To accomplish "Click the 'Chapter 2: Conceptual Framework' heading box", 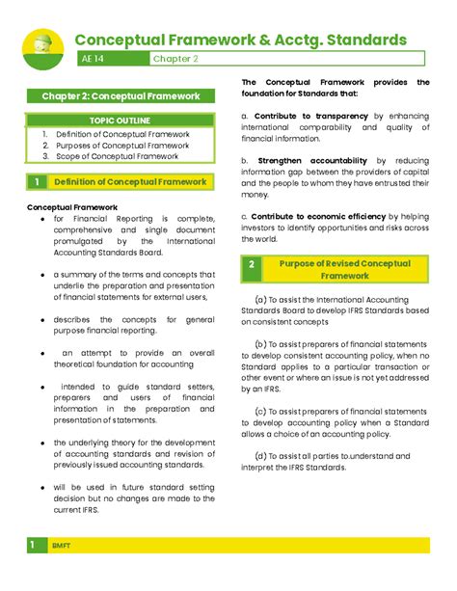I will (x=121, y=96).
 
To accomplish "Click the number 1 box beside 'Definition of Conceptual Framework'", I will (x=37, y=182).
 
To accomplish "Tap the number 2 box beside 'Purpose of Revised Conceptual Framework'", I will (x=252, y=269).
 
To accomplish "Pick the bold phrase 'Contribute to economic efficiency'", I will (x=317, y=216).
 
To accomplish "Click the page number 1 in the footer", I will (x=31, y=546).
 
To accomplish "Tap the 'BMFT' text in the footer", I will (x=63, y=547).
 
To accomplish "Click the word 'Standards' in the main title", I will (x=360, y=40).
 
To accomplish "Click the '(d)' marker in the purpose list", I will (x=260, y=456).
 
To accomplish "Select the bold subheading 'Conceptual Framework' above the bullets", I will (x=72, y=207).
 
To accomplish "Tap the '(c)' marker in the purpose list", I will (x=260, y=411).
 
